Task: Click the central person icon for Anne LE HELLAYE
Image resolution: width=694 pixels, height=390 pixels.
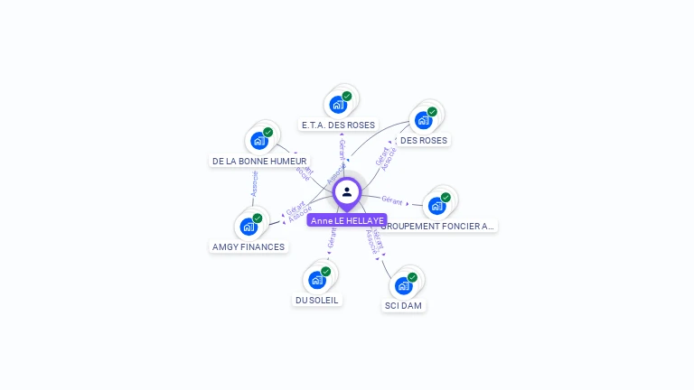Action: point(347,192)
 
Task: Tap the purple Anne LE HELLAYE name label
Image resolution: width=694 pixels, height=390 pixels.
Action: point(347,220)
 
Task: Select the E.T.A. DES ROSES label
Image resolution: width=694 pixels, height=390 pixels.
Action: point(339,125)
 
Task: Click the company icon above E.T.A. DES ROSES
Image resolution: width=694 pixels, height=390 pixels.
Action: point(339,104)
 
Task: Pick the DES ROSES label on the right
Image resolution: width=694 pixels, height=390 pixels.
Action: point(423,140)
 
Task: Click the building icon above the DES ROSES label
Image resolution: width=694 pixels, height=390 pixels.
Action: point(423,120)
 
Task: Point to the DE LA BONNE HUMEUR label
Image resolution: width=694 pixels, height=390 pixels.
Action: point(259,161)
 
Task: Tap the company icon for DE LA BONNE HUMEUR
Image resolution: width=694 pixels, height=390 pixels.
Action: point(259,140)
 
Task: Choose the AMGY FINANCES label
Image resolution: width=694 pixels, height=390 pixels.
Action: point(249,246)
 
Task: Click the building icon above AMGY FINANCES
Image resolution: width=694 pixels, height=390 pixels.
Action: point(249,226)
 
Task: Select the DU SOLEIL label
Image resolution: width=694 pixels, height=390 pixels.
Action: point(318,300)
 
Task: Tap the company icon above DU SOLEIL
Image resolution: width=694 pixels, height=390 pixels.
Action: point(317,279)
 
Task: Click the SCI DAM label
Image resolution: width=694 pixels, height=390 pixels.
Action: point(403,305)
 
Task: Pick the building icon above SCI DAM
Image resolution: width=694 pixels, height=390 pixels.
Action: point(403,285)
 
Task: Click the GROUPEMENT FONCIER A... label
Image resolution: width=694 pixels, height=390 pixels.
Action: point(449,226)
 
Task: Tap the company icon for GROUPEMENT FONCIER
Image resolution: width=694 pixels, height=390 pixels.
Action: point(437,205)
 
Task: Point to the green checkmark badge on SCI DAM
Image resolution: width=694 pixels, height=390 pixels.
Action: point(412,277)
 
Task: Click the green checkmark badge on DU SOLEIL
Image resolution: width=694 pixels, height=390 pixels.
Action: point(326,271)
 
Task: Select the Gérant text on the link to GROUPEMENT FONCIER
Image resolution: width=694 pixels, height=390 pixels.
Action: point(392,200)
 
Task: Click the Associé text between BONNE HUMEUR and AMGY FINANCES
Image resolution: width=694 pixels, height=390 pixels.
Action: point(254,183)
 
